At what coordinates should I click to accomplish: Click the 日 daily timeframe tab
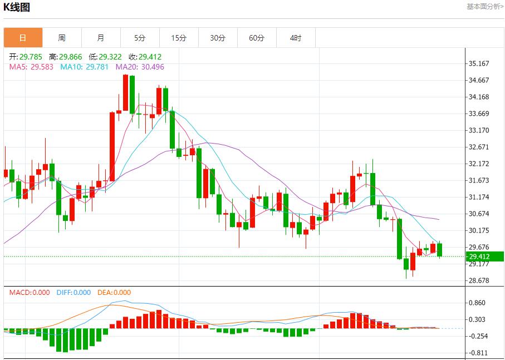(x=23, y=38)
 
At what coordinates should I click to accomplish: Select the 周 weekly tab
(x=62, y=38)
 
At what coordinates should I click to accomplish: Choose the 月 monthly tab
(x=101, y=38)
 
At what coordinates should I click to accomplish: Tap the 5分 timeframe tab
(x=140, y=38)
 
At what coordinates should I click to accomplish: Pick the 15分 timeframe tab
(x=179, y=38)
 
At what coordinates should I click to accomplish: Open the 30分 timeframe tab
(x=218, y=38)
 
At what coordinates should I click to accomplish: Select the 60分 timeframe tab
(x=257, y=38)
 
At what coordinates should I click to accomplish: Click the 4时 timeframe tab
(x=296, y=38)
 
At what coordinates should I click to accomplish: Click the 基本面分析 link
(x=485, y=7)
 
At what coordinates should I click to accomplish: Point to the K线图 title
(x=17, y=7)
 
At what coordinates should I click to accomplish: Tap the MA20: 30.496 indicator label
(x=140, y=67)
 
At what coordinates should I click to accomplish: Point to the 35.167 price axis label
(x=479, y=63)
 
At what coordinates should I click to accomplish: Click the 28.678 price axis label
(x=479, y=280)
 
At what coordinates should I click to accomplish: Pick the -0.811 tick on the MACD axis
(x=479, y=353)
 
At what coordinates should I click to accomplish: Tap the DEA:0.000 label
(x=114, y=293)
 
